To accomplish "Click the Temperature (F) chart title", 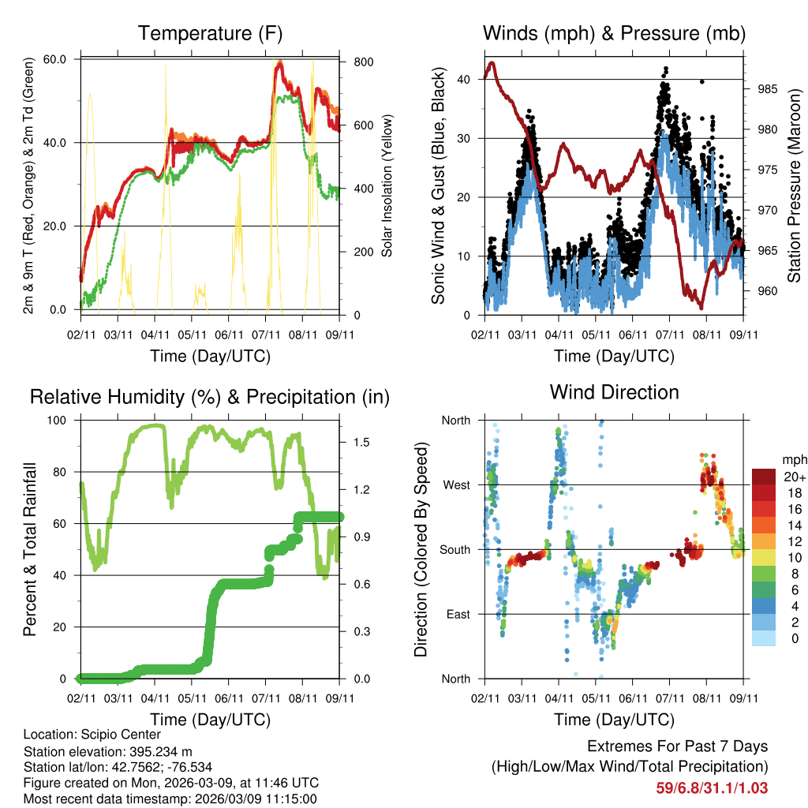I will pos(210,34).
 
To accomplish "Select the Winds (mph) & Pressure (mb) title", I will pos(614,34).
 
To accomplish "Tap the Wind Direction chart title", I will pos(614,392).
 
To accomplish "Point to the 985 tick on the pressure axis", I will pos(766,89).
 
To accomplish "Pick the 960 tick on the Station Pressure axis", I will pos(766,291).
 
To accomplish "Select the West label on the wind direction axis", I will pos(455,484).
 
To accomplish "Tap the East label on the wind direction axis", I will pos(458,614).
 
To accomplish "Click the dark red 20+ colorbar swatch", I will pos(765,477).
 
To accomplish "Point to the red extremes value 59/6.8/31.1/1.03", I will pos(712,787).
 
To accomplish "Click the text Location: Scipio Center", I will pos(92,735).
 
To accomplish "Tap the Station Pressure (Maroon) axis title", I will pos(794,185).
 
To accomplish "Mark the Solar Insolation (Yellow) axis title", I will pos(387,185).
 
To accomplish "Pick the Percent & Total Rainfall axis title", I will pos(30,550).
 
